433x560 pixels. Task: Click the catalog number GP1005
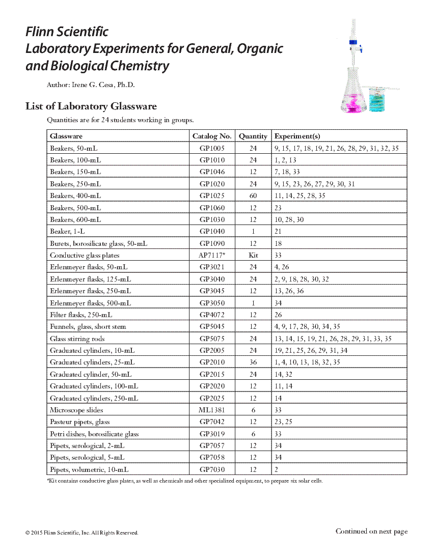(212, 148)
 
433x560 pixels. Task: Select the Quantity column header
(253, 136)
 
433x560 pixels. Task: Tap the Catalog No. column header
(212, 136)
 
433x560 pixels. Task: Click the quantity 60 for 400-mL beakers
(253, 195)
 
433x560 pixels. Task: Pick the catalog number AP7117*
(212, 255)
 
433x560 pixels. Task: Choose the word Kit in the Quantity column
(253, 255)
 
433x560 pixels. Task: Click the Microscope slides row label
(76, 410)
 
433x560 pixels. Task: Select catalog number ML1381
(212, 410)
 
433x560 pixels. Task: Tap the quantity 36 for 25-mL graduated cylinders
(253, 362)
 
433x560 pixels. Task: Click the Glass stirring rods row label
(77, 339)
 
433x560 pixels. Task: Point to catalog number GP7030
(212, 469)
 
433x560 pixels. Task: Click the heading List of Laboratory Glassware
(91, 106)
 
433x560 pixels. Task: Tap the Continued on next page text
(371, 531)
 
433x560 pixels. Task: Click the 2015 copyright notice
(82, 533)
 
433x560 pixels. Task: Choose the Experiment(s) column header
(297, 136)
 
